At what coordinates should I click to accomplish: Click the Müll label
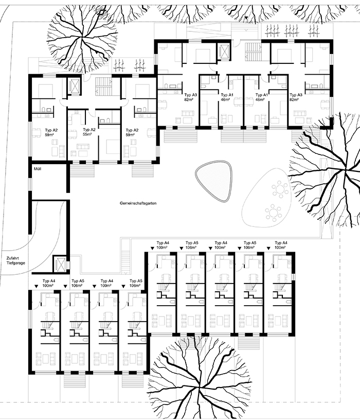click(x=38, y=169)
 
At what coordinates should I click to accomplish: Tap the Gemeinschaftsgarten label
click(x=138, y=203)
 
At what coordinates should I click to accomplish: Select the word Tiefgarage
click(x=16, y=263)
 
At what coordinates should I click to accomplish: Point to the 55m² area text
click(x=87, y=134)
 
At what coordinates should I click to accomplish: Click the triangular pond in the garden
click(x=213, y=181)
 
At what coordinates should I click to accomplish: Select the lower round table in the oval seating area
click(x=273, y=213)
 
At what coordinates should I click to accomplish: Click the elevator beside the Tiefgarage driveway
click(x=60, y=264)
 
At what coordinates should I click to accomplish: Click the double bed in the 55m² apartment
click(x=110, y=147)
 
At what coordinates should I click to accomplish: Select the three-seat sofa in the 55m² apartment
click(x=83, y=147)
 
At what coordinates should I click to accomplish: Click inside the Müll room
click(x=48, y=178)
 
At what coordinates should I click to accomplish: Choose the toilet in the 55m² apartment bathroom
click(x=106, y=120)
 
